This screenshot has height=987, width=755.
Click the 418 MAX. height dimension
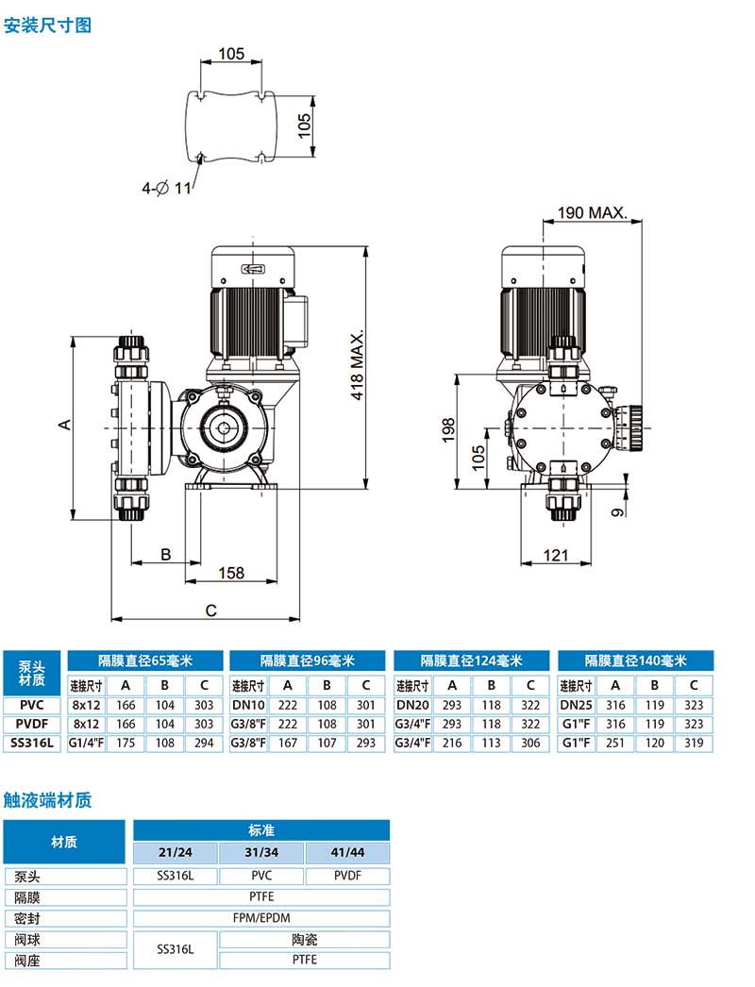(358, 366)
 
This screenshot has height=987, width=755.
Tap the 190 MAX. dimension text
(592, 212)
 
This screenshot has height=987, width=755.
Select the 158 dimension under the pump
(231, 573)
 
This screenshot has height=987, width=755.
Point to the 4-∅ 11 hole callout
(166, 188)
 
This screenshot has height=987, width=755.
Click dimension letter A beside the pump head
(65, 426)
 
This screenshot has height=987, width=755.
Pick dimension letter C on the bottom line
(211, 611)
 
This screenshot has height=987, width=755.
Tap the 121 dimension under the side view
(556, 555)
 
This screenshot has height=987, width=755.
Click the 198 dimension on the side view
(449, 430)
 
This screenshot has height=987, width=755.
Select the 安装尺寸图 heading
(48, 25)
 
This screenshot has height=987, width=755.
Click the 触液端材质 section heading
(48, 800)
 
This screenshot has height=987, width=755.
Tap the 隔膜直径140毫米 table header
(634, 661)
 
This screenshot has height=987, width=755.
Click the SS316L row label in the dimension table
(32, 744)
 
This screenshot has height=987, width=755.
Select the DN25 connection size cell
(576, 705)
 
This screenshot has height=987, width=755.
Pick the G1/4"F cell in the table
(86, 744)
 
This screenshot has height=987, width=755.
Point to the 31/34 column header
(261, 853)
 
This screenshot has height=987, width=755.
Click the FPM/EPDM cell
(261, 918)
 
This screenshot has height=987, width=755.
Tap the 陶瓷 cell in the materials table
(304, 940)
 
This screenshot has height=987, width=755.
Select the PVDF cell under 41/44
(347, 876)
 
